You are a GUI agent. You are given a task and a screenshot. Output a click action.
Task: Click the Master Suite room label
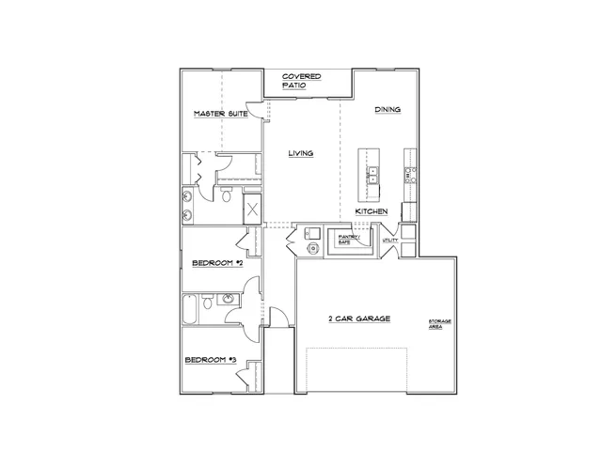[x=220, y=114]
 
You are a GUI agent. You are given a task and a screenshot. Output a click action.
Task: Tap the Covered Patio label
[x=301, y=80]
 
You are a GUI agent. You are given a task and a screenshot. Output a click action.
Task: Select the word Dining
[x=388, y=110]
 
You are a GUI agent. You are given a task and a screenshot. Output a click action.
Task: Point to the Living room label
[x=301, y=152]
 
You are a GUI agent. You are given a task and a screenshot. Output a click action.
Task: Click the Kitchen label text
[x=372, y=212]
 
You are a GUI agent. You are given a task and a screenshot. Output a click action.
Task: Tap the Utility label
[x=391, y=241]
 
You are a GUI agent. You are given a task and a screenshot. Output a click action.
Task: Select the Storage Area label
[x=440, y=323]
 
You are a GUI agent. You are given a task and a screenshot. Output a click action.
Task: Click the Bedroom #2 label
[x=217, y=264]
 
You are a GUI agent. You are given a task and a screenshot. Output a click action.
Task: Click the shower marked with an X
[x=253, y=210]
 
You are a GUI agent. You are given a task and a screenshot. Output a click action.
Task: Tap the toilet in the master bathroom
[x=227, y=195]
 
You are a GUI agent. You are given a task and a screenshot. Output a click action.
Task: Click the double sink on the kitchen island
[x=372, y=174]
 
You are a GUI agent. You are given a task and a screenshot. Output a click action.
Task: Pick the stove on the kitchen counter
[x=409, y=174]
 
